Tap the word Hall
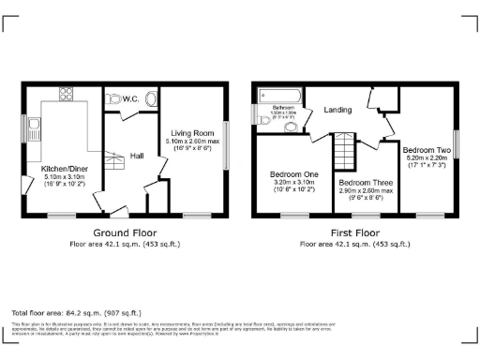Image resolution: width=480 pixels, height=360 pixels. (137, 156)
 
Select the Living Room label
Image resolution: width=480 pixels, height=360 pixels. (192, 132)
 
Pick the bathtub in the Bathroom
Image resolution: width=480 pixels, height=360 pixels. (278, 94)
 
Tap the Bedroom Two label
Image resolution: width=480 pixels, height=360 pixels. (427, 150)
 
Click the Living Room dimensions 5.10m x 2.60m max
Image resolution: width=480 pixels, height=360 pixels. (192, 141)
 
